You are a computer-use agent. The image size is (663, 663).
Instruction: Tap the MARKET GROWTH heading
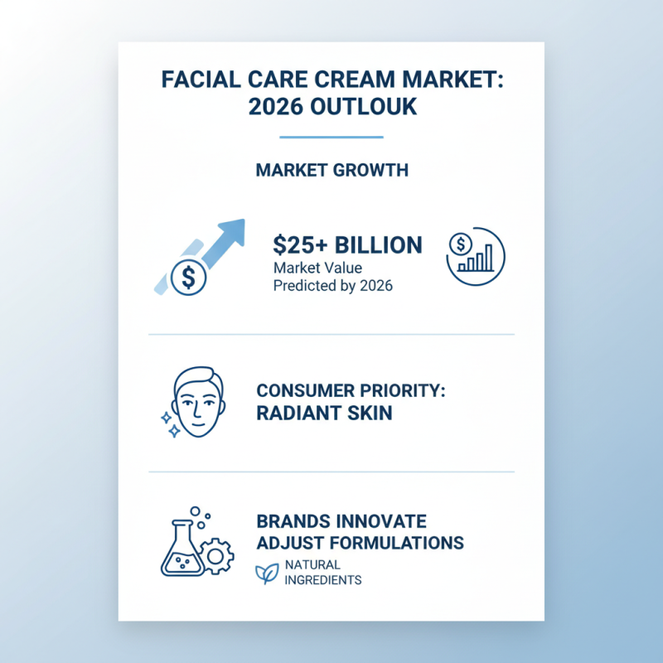click(331, 171)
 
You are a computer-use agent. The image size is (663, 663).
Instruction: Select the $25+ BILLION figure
click(347, 245)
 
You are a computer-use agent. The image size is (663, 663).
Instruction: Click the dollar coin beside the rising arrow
click(189, 277)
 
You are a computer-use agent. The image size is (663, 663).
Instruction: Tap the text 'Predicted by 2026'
click(333, 287)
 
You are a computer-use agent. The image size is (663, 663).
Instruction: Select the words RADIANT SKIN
click(324, 412)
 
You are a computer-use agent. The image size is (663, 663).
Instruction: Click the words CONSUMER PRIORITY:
click(351, 390)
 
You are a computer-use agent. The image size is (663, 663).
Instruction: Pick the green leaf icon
click(266, 573)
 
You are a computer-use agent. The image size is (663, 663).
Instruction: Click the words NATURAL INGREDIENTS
click(322, 573)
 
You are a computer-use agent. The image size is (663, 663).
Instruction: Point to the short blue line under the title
click(331, 137)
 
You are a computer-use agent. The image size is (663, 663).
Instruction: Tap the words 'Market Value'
click(317, 269)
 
